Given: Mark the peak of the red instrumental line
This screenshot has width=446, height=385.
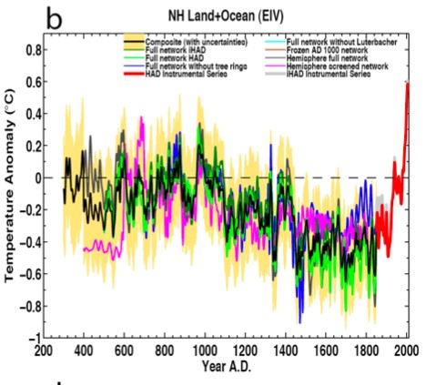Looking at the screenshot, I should (x=408, y=84).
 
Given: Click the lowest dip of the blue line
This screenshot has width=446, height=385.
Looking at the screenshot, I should (x=300, y=321).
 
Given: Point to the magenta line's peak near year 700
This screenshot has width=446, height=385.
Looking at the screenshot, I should (x=142, y=117).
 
